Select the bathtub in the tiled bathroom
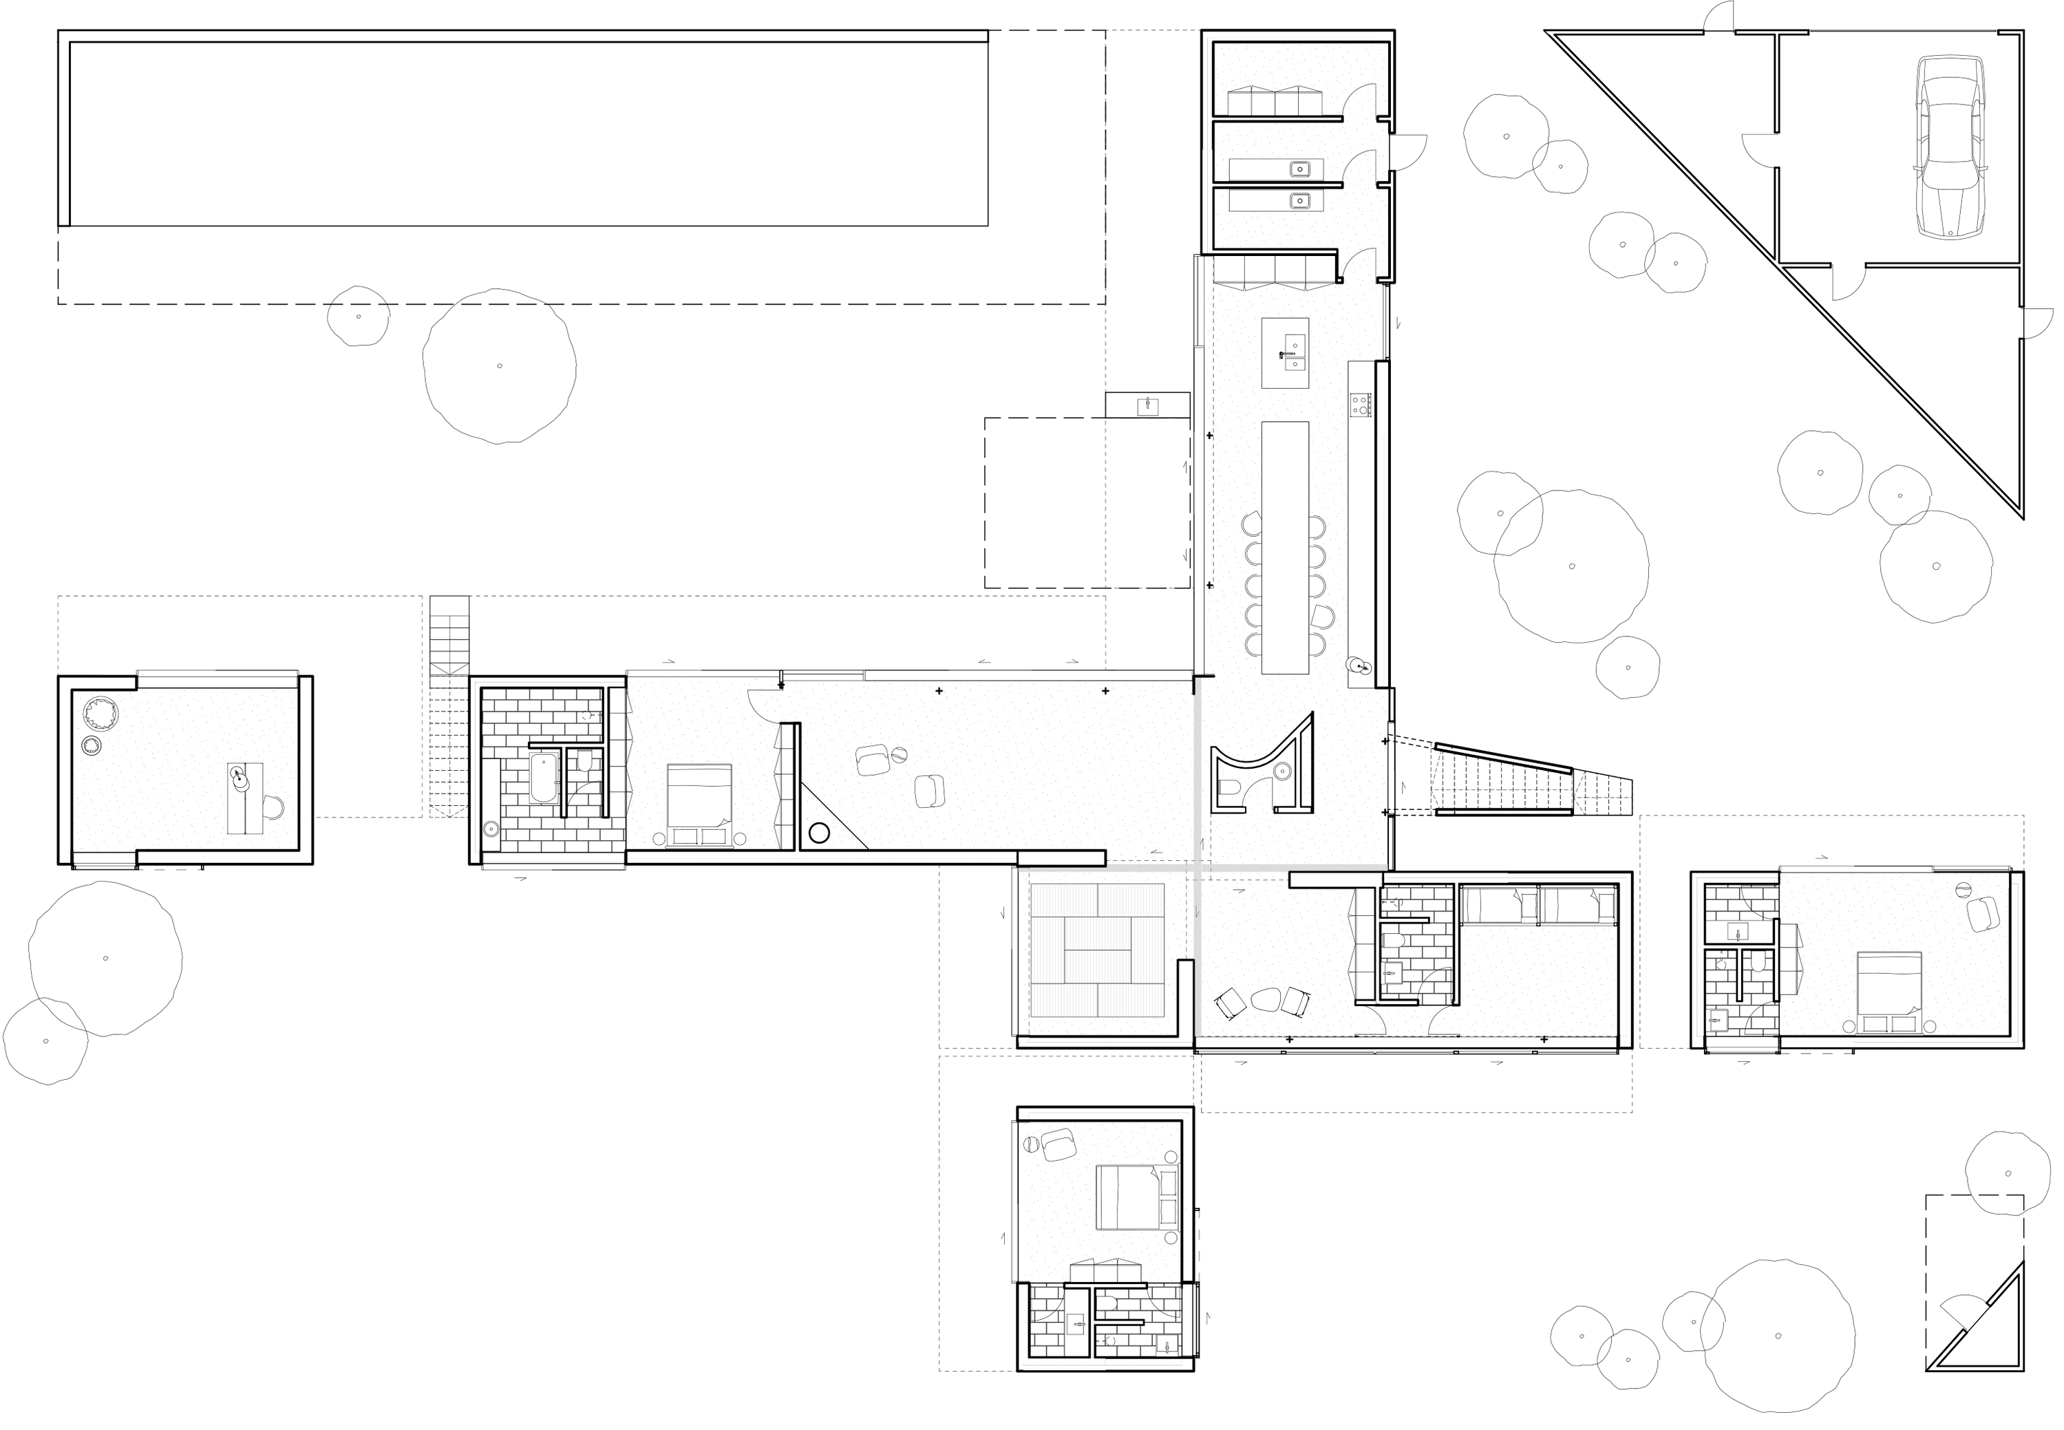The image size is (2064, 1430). pos(544,777)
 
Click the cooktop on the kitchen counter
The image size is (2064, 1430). pos(1359,405)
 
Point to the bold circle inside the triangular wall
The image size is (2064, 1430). pos(818,833)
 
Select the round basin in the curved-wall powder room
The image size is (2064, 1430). pos(1282,769)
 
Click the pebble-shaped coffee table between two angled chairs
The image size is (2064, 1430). pos(1265,999)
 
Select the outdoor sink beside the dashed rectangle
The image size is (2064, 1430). pos(1147,406)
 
